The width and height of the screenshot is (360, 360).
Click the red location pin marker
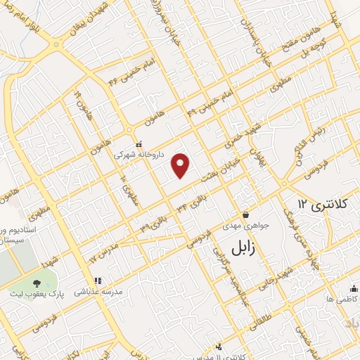pyautogui.click(x=181, y=165)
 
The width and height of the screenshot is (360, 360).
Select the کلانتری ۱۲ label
pyautogui.click(x=323, y=203)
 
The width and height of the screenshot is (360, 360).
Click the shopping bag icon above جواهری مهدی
pyautogui.click(x=245, y=214)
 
